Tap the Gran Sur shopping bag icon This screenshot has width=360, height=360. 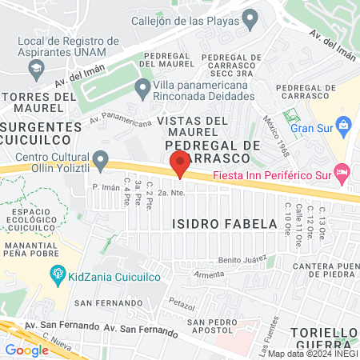click(x=343, y=125)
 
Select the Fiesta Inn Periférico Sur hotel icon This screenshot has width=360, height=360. click(x=342, y=171)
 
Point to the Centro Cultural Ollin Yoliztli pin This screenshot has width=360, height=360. click(x=101, y=161)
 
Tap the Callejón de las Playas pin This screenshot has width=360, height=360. click(x=250, y=17)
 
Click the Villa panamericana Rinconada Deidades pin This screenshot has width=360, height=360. click(x=143, y=86)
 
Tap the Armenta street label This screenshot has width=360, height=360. click(x=210, y=274)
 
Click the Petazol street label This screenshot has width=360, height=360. click(x=183, y=305)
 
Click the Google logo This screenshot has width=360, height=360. click(x=27, y=350)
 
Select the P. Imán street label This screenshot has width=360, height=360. click(x=106, y=187)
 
